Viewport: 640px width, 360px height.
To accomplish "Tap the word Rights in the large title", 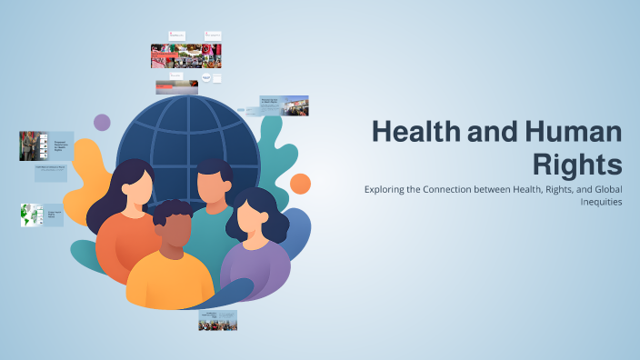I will point(578,165).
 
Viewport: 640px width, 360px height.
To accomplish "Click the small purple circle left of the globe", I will point(102,122).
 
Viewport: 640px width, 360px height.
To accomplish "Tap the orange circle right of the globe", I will point(300,184).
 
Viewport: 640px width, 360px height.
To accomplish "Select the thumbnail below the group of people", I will point(218,319).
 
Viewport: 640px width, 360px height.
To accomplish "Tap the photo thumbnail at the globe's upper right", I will point(285,105).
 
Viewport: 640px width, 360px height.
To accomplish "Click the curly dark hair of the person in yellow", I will point(171,215).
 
